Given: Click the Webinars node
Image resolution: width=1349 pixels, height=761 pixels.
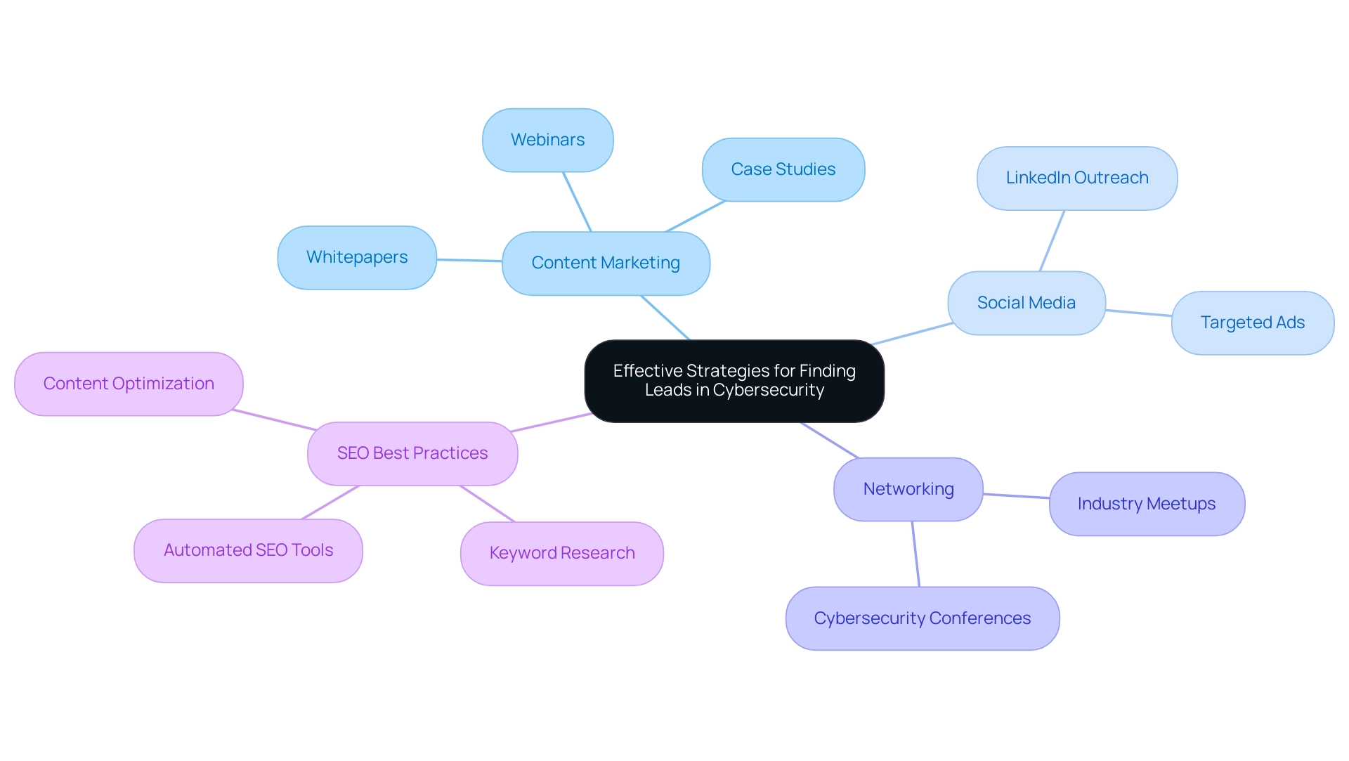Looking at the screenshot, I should pyautogui.click(x=547, y=140).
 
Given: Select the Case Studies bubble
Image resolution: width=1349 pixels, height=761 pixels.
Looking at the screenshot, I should pyautogui.click(x=783, y=169).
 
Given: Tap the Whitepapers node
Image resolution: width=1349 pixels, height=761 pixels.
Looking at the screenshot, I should pyautogui.click(x=357, y=257).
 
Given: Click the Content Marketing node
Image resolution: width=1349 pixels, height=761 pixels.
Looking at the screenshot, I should pyautogui.click(x=606, y=263).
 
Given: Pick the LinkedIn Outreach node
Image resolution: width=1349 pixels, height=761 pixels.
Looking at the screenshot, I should pyautogui.click(x=1076, y=178).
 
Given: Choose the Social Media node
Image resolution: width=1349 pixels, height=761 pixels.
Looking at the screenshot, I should pyautogui.click(x=1026, y=303).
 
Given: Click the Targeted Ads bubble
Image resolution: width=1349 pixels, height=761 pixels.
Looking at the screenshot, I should pyautogui.click(x=1252, y=323).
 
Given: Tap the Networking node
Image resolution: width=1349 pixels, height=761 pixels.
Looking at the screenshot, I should pyautogui.click(x=908, y=489).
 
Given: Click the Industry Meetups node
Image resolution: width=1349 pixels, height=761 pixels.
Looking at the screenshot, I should pyautogui.click(x=1146, y=504).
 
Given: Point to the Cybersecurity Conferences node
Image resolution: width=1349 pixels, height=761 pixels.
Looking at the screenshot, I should pyautogui.click(x=922, y=618).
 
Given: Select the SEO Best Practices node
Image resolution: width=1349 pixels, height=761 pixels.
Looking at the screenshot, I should pyautogui.click(x=412, y=453).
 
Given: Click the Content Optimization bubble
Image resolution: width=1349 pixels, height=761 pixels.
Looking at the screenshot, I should pyautogui.click(x=129, y=384).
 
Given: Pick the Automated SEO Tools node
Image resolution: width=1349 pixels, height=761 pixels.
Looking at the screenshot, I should pyautogui.click(x=248, y=550).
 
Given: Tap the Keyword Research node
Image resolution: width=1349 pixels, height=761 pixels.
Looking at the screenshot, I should pyautogui.click(x=561, y=553).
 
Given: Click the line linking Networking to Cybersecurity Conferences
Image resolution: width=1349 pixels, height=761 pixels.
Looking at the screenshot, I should pyautogui.click(x=915, y=554).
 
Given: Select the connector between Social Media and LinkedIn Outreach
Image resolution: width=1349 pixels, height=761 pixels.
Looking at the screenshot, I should pyautogui.click(x=1052, y=240).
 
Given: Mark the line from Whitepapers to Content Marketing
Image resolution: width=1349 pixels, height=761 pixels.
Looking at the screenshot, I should pyautogui.click(x=469, y=260).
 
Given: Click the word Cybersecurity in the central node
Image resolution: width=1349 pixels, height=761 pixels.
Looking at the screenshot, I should pyautogui.click(x=768, y=390).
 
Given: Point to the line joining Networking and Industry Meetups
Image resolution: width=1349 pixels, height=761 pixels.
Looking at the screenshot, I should pyautogui.click(x=1016, y=496).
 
